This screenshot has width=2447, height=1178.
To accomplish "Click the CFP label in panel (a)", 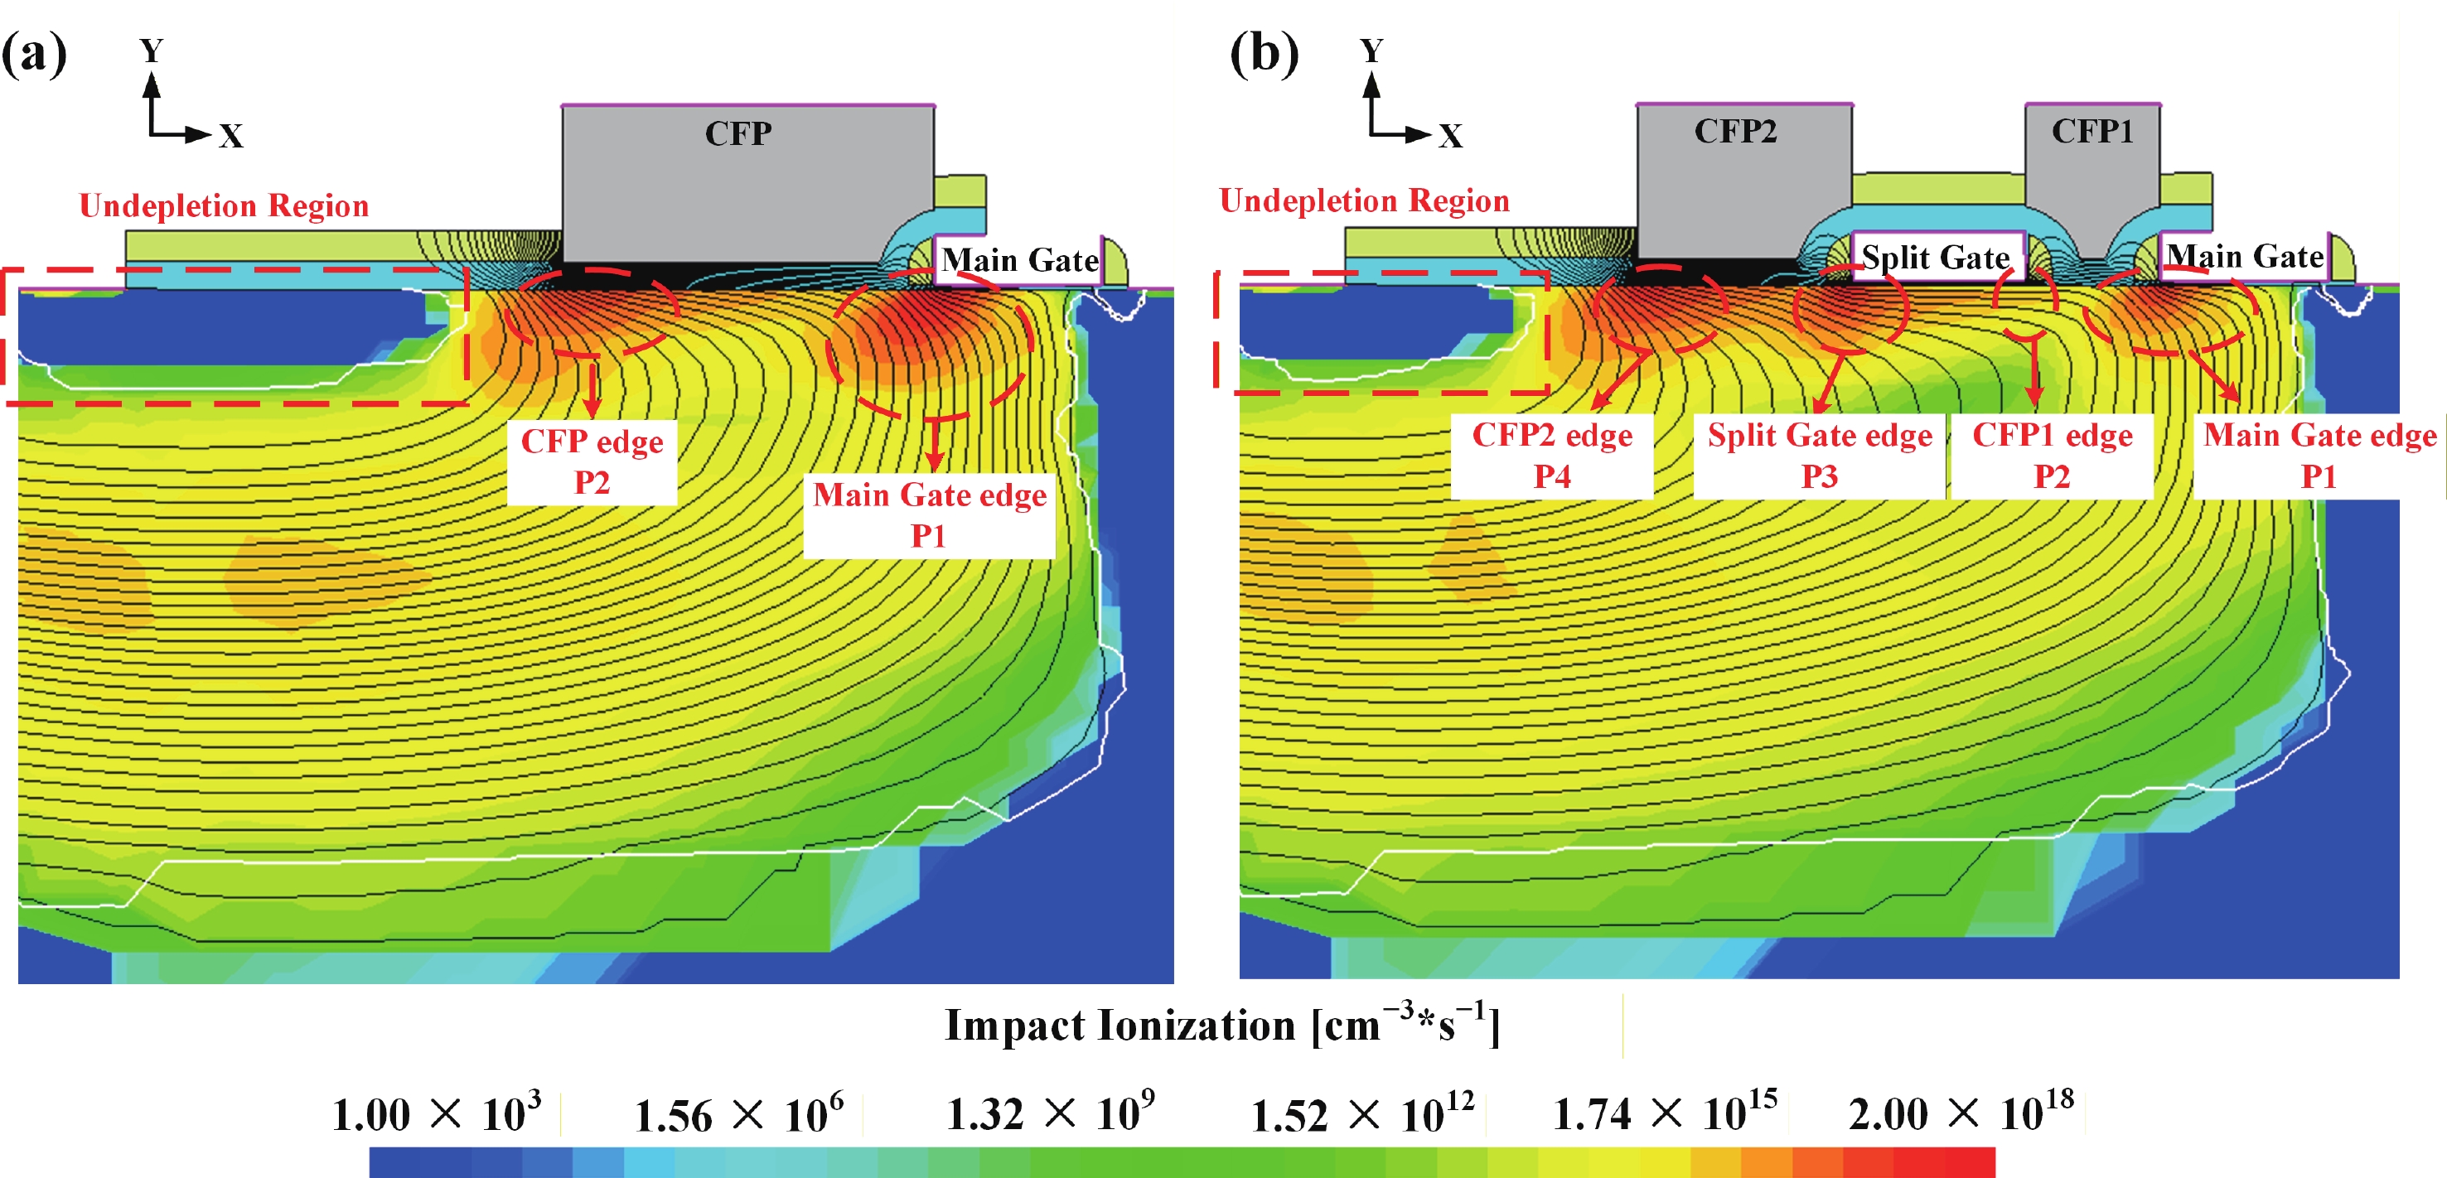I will tap(738, 134).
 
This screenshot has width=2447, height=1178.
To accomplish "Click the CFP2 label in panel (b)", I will tap(1735, 131).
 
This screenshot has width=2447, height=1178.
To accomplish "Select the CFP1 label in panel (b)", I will tap(2092, 131).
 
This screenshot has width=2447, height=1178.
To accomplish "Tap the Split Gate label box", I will tap(1935, 258).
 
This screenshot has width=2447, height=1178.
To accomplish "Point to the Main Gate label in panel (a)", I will tap(1019, 260).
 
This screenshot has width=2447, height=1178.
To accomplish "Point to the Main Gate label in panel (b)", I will tap(2245, 257).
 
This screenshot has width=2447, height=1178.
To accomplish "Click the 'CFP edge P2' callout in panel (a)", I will tap(592, 461).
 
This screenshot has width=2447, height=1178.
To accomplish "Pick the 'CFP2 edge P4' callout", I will tap(1552, 455).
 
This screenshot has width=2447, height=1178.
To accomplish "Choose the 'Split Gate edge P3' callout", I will tap(1819, 455).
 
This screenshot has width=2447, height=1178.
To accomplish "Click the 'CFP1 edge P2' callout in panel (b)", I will tap(2052, 455).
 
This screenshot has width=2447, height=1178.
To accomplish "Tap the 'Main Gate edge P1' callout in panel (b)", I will tap(2319, 455).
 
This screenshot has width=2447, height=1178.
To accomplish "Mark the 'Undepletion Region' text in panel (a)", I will tap(225, 206).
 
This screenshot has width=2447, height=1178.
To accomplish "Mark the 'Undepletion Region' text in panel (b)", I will tap(1364, 200).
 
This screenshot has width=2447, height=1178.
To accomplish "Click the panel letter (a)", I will tap(34, 54).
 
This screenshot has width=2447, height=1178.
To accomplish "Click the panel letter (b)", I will tap(1264, 54).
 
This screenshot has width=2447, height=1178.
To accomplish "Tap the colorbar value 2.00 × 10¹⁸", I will tap(1961, 1113).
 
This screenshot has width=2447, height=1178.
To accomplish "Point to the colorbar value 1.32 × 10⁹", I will tap(1051, 1114).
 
